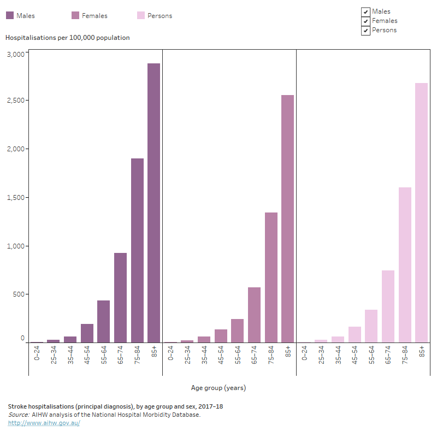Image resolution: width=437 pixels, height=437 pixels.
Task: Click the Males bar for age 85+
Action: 153,203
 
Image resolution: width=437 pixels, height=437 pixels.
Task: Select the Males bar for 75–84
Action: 137,251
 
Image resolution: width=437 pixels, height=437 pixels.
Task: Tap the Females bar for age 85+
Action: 287,219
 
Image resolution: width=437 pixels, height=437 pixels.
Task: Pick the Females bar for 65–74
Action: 254,315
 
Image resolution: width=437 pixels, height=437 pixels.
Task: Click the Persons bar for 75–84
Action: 405,265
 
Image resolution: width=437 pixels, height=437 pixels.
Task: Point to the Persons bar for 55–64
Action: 371,326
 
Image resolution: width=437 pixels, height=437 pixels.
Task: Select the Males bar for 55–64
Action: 104,322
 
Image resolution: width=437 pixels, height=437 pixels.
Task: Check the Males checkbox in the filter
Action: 365,12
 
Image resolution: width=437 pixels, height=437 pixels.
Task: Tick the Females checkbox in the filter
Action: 365,21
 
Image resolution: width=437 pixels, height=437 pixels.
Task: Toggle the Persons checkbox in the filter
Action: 365,31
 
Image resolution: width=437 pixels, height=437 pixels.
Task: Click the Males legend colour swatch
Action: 10,16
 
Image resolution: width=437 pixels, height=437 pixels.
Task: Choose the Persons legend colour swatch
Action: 141,16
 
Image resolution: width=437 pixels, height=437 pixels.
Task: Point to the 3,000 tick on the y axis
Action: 15,54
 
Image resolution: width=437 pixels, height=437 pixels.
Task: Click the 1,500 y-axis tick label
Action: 15,197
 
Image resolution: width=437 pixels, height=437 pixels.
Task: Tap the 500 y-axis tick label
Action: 19,294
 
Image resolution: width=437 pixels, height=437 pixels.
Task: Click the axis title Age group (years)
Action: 218,388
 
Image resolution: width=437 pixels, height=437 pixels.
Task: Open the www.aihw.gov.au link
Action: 44,423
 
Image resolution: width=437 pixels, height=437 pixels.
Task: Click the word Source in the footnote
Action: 18,415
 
